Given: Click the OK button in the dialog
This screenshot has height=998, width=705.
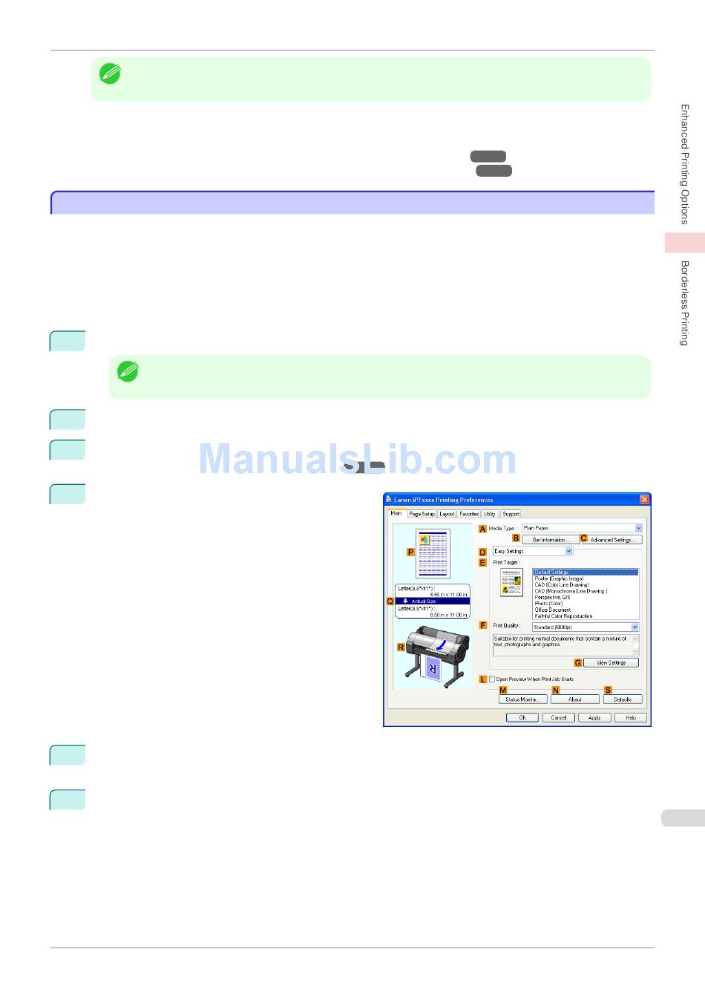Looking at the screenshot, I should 522,718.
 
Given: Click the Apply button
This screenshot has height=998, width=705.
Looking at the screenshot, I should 594,718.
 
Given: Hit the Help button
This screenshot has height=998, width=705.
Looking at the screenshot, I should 631,718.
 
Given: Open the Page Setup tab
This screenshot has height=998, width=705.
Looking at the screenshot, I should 422,514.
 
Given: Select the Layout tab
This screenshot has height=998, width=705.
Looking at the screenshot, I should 447,514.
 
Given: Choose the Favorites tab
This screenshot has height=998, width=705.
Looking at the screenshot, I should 469,514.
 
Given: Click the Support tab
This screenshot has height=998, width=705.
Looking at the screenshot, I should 511,514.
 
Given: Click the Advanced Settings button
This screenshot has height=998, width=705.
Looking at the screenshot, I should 611,540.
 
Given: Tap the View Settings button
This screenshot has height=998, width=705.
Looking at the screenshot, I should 611,662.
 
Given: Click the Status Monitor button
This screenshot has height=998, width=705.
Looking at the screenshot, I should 522,699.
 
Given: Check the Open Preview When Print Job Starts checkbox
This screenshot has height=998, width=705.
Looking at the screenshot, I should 491,679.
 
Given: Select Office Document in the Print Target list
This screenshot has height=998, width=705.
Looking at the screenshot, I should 553,610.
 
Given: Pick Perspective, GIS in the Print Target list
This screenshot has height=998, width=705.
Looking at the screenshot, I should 553,597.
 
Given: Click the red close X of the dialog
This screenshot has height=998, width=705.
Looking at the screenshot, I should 644,500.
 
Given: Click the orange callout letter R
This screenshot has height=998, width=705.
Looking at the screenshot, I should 401,648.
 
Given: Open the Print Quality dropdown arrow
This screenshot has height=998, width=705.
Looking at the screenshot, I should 634,627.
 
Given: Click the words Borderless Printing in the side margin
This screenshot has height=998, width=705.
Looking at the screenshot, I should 685,303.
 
